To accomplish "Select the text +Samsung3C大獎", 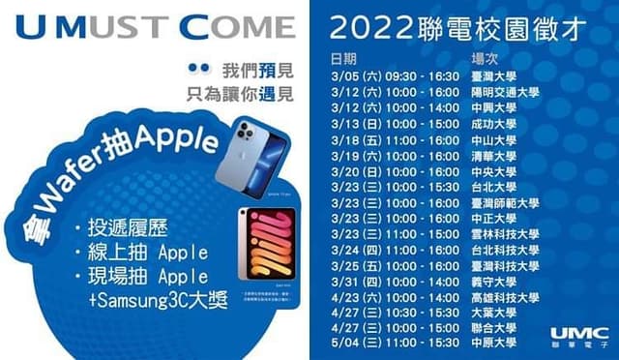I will [145, 299].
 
